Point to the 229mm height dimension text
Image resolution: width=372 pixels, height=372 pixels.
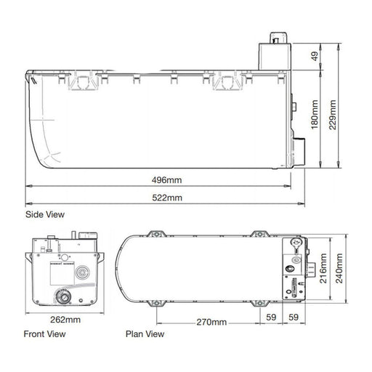click(x=353, y=104)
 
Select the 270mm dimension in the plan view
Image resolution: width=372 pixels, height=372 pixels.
click(x=211, y=321)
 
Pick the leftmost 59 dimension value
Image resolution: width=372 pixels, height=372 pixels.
click(x=270, y=317)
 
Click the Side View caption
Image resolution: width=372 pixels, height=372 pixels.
click(x=44, y=214)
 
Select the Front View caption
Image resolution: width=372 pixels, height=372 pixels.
click(x=45, y=334)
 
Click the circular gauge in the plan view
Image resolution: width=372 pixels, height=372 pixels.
click(x=294, y=243)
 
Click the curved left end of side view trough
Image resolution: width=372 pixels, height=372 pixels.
click(x=36, y=138)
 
